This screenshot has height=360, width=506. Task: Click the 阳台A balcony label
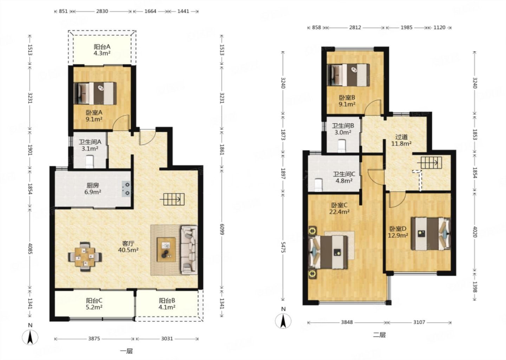pyautogui.click(x=102, y=47)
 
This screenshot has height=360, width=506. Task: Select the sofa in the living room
pyautogui.click(x=189, y=250)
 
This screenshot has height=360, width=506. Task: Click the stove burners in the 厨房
pyautogui.click(x=126, y=189)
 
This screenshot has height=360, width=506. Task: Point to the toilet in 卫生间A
pyautogui.click(x=90, y=162)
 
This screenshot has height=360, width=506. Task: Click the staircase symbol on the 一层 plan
pyautogui.click(x=172, y=199)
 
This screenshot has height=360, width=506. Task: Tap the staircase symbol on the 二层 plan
pyautogui.click(x=429, y=162)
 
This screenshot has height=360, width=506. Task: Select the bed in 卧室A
pyautogui.click(x=95, y=94)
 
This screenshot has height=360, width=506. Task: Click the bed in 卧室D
pyautogui.click(x=431, y=234)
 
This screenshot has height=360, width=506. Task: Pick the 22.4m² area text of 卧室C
pyautogui.click(x=339, y=212)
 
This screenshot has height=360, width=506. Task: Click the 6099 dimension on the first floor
pyautogui.click(x=222, y=229)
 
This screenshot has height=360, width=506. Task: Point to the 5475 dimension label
pyautogui.click(x=283, y=247)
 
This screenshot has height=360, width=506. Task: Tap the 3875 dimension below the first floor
pyautogui.click(x=94, y=339)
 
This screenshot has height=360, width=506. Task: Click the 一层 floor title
pyautogui.click(x=126, y=351)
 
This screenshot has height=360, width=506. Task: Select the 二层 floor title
pyautogui.click(x=379, y=335)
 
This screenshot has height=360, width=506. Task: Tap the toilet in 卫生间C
pyautogui.click(x=318, y=185)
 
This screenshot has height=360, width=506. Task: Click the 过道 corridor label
pyautogui.click(x=401, y=137)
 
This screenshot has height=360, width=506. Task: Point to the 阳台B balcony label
pyautogui.click(x=167, y=301)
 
